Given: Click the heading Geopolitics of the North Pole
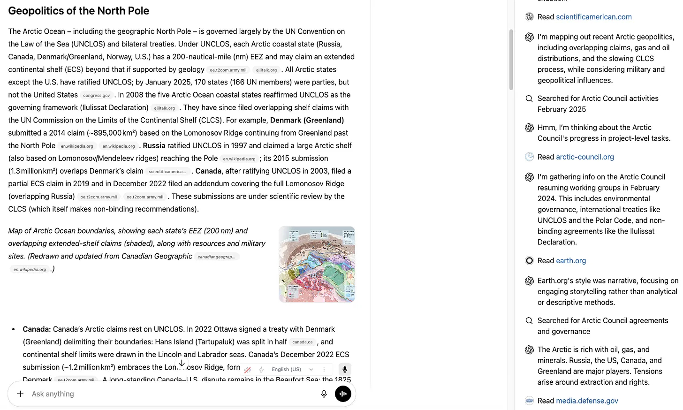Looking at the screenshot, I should point(79,11).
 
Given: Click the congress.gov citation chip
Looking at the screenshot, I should point(97,95).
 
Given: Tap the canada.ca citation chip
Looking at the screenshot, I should point(302,342).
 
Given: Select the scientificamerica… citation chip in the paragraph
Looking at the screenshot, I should point(167,171).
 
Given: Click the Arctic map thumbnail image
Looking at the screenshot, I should point(317,264).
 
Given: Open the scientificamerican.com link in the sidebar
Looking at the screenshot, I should point(593,17).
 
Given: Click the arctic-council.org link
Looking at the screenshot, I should point(584,157).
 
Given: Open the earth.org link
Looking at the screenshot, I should point(570,260).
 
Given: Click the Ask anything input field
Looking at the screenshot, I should point(169,394).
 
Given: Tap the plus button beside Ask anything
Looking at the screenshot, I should point(20,394).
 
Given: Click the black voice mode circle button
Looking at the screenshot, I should point(343,394).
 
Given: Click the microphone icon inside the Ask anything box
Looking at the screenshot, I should point(324,394).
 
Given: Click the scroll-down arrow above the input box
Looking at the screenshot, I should point(182,364).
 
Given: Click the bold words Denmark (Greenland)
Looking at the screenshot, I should point(307,120).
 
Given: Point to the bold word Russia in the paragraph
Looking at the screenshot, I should point(154,145).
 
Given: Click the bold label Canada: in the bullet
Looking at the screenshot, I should point(37,329).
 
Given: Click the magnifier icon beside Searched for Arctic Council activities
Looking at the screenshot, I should point(529,99).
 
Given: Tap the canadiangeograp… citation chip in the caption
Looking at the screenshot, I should point(216,257).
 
